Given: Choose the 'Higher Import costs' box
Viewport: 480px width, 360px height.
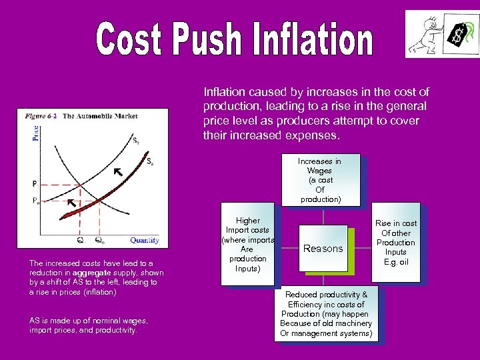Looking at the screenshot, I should click(x=248, y=244).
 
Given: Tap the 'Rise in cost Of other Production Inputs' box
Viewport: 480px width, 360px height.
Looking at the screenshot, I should click(x=396, y=243).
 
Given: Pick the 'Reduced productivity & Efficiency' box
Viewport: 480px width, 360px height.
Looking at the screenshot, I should click(x=326, y=313).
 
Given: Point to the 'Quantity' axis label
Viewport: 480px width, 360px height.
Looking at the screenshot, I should click(x=144, y=240).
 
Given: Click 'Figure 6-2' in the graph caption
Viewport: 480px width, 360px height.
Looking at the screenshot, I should click(x=41, y=115).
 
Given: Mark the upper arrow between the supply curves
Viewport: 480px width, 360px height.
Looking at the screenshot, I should click(x=118, y=173).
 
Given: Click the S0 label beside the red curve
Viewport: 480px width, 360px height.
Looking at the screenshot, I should click(x=151, y=161).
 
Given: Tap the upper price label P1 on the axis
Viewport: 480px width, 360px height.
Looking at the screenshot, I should click(x=35, y=183).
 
